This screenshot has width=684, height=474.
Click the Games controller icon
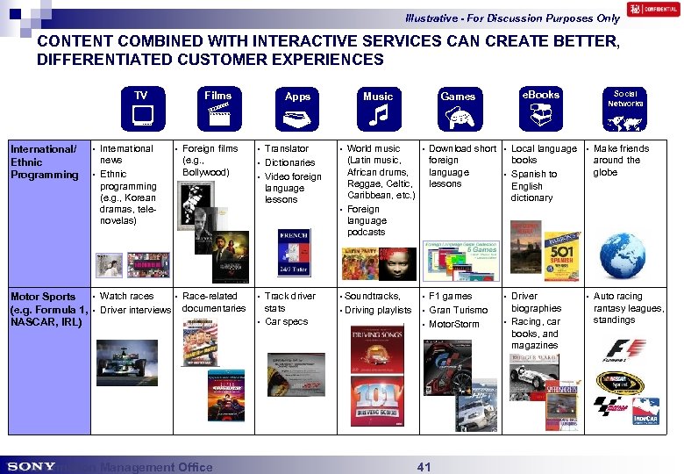pos(458,116)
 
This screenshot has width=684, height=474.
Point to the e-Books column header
pos(540,94)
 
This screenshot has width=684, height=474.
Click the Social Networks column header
pos(625,97)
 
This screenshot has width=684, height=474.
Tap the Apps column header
pos(297,97)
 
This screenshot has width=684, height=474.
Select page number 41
pos(424,467)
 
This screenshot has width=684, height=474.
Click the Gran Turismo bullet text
pos(458,310)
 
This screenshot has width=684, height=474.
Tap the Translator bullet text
pos(286,149)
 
